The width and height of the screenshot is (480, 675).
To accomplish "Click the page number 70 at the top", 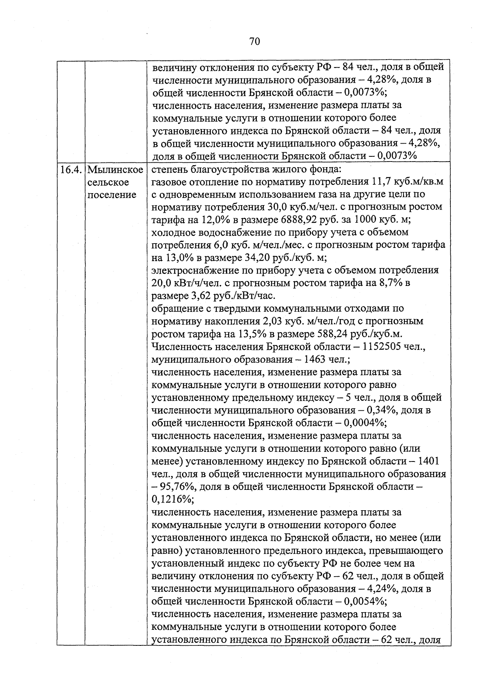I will coord(254,42).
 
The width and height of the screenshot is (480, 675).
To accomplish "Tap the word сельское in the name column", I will coord(108,182).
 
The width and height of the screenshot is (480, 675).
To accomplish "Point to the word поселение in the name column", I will coord(112,195).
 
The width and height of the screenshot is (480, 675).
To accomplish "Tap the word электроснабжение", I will coord(195,271).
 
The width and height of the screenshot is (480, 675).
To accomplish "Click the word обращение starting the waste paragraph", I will coord(178,309).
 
